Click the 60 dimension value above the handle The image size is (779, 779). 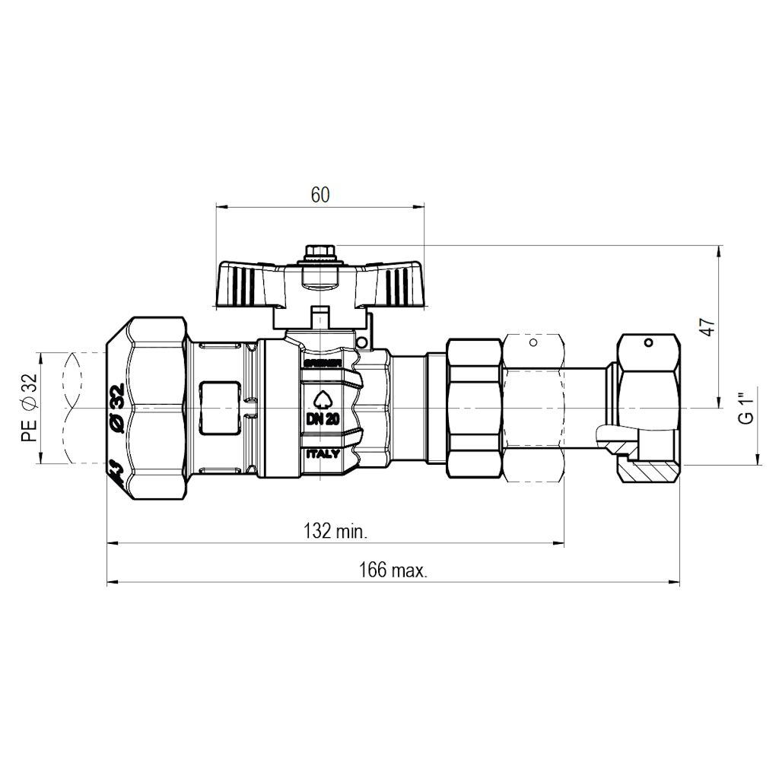point(320,196)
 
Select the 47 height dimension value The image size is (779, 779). point(707,327)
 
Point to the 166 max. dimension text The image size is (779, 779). point(393,571)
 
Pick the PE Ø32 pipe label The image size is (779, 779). point(29,409)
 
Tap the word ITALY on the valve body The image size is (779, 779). point(323,453)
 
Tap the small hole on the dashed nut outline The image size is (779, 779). point(533,344)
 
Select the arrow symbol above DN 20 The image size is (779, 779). point(323,399)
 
